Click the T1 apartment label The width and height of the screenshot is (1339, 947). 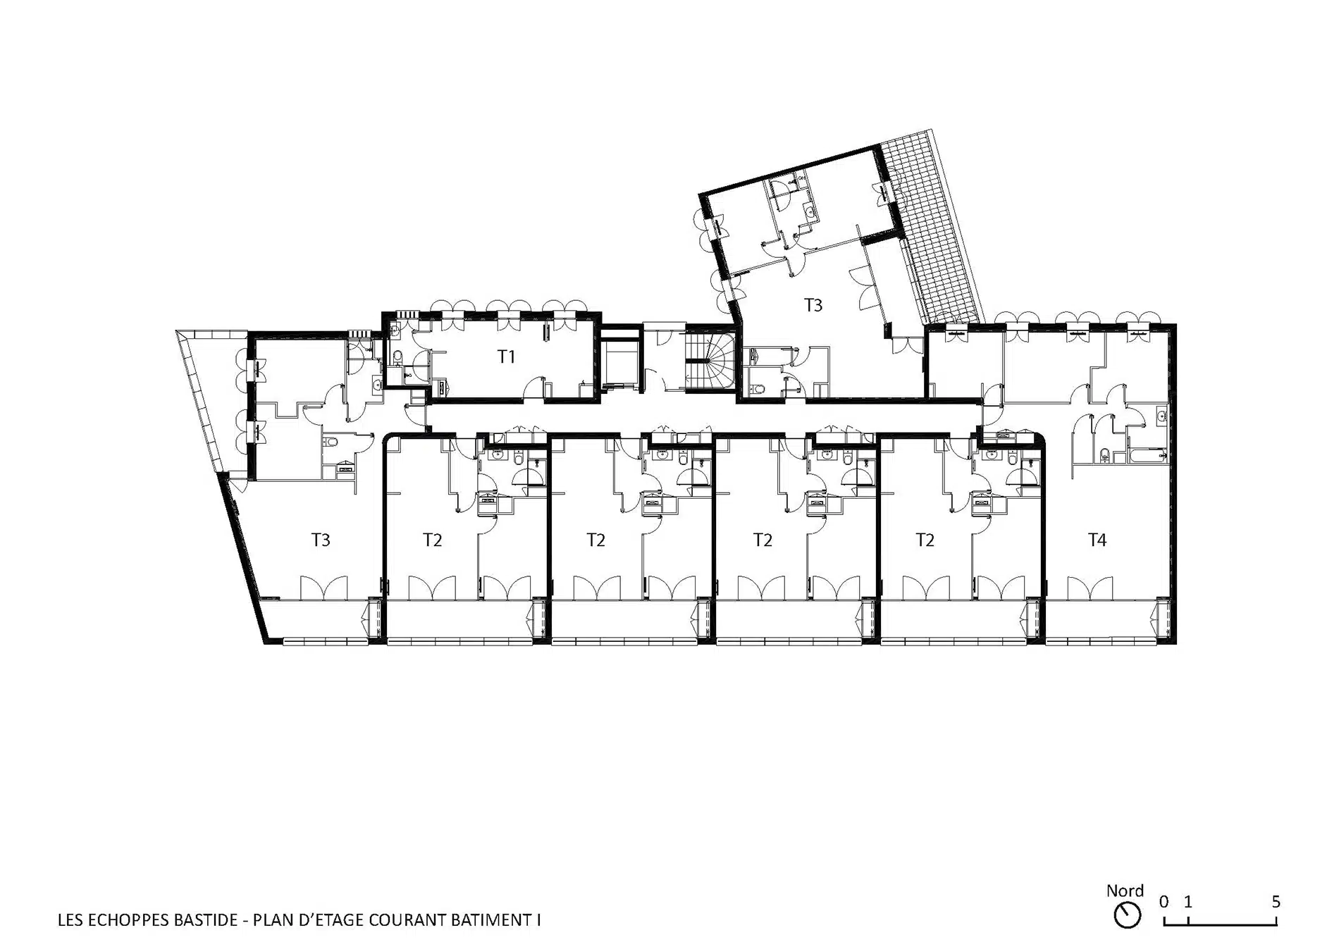coord(506,357)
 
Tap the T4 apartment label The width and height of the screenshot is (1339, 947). coord(1097,540)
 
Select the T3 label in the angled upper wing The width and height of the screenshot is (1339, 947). coord(813,305)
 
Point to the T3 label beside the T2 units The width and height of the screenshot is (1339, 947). coord(321,540)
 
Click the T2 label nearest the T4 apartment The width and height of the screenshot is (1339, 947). coord(925,540)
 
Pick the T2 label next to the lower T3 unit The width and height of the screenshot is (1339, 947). coord(432,540)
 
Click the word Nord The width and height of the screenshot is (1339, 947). coord(1125,891)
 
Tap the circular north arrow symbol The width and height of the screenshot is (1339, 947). coord(1128,915)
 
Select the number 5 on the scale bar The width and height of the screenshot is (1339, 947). coord(1276,901)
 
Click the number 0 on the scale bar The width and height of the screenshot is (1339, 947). coord(1164,901)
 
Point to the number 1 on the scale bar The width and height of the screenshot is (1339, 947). coord(1187,901)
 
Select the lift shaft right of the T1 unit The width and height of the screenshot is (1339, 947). coord(620,361)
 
